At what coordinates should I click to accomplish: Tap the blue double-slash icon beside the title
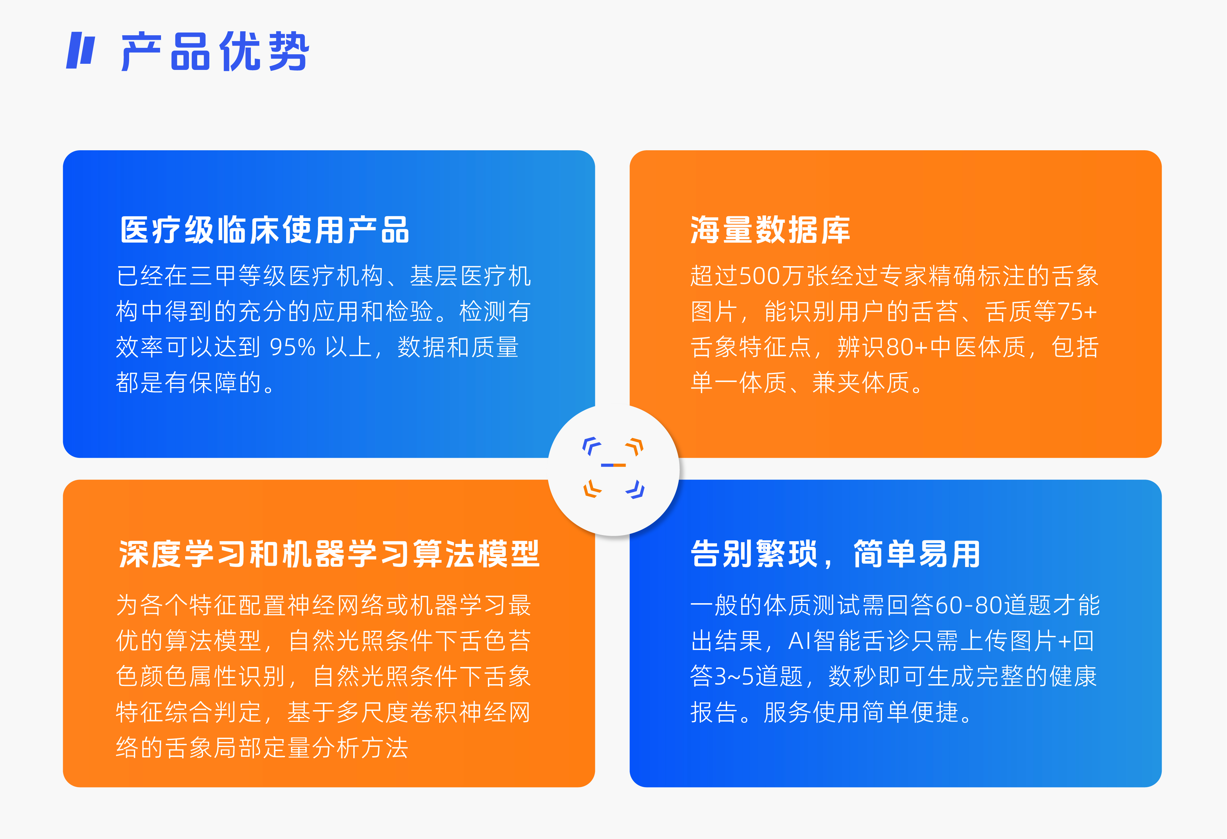click(80, 51)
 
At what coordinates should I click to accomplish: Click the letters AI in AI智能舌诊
click(800, 641)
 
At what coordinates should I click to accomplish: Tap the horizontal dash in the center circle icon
click(613, 465)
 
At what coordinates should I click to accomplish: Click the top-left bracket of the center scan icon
click(591, 446)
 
